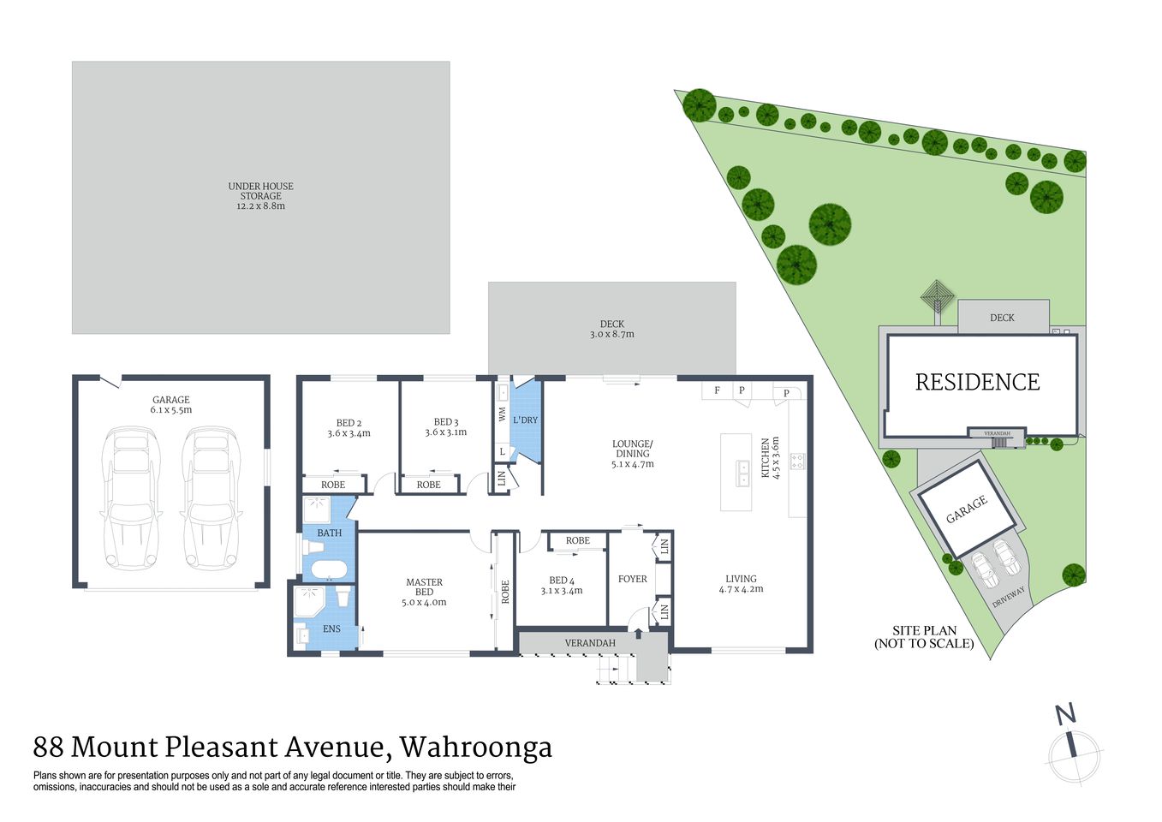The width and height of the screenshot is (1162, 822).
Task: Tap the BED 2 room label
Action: (349, 423)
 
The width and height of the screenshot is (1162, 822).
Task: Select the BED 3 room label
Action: (446, 422)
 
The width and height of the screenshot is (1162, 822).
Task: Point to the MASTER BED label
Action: (424, 587)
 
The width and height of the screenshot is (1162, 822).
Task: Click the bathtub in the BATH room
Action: (328, 569)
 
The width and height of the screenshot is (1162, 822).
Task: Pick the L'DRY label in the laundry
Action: (525, 420)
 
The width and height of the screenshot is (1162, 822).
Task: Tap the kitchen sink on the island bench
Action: (742, 468)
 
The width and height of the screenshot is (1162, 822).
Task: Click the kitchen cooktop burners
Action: (797, 462)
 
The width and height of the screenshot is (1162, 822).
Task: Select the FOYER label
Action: (633, 579)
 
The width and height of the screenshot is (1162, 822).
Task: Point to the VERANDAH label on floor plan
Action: (590, 643)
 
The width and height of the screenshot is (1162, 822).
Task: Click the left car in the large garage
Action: (132, 498)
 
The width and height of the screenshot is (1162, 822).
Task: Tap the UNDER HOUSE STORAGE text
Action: (260, 191)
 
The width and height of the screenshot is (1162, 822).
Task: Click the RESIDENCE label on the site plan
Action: (977, 382)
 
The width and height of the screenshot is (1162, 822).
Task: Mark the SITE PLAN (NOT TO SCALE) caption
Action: (924, 637)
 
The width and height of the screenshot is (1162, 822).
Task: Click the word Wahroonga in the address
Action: (475, 748)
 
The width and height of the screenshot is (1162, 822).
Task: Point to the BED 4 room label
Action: (562, 581)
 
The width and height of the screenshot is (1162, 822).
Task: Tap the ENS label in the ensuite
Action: (331, 629)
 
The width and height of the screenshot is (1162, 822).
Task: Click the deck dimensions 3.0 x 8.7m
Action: (611, 335)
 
